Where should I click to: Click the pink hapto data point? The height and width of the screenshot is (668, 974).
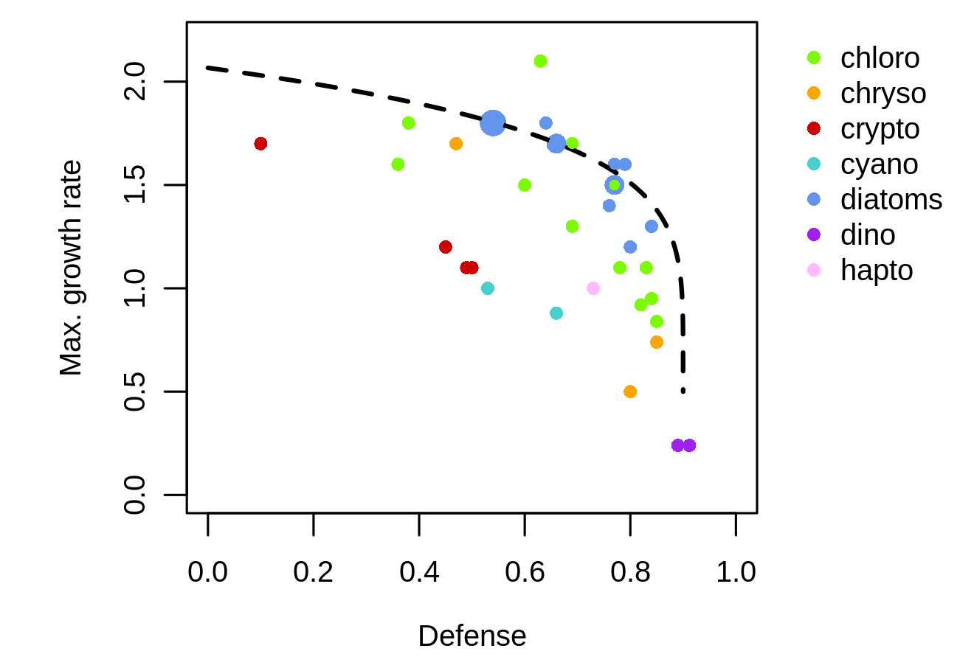click(x=593, y=288)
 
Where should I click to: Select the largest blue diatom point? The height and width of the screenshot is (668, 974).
click(x=493, y=123)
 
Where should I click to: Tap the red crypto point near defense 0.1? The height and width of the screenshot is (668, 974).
click(x=260, y=144)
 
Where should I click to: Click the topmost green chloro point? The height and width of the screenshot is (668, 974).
click(x=540, y=61)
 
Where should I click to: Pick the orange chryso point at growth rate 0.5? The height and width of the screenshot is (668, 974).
click(x=630, y=392)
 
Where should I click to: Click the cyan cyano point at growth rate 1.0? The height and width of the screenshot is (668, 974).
click(x=488, y=288)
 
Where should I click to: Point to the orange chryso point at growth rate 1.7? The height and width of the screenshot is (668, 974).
click(x=456, y=144)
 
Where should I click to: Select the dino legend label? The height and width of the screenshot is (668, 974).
click(x=868, y=235)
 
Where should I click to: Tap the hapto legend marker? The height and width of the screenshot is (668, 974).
click(x=814, y=271)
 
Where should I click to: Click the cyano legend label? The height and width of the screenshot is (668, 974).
click(x=879, y=164)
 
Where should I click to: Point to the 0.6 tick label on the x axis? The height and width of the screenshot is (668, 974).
click(x=525, y=572)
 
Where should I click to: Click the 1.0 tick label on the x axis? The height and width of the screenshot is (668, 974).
click(x=736, y=572)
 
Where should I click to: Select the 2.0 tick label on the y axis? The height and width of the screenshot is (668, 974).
click(x=135, y=82)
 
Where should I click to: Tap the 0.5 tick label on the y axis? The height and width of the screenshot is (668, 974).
click(x=135, y=392)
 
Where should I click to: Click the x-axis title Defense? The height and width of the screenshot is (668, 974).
click(x=472, y=636)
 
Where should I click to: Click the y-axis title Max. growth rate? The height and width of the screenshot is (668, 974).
click(x=71, y=268)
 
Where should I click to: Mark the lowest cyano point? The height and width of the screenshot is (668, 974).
click(x=556, y=313)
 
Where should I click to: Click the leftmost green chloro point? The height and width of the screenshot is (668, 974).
click(x=398, y=164)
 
